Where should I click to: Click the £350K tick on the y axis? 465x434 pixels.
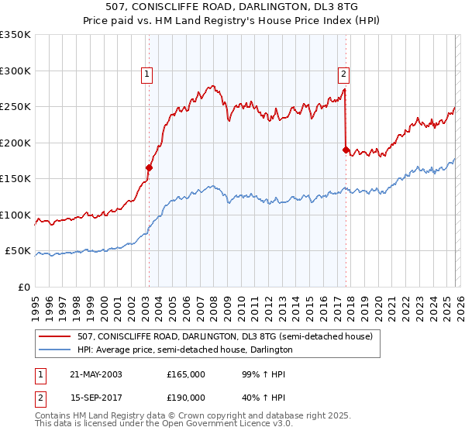click(x=15, y=35)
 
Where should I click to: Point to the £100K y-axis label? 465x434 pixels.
click(x=15, y=215)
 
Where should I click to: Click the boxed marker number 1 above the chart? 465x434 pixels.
click(x=146, y=74)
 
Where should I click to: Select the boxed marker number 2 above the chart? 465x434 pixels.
click(x=343, y=74)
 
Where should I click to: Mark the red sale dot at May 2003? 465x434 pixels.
click(x=150, y=167)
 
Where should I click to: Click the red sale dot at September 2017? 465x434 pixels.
click(x=346, y=150)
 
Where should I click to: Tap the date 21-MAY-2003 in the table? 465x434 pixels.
click(x=94, y=374)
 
